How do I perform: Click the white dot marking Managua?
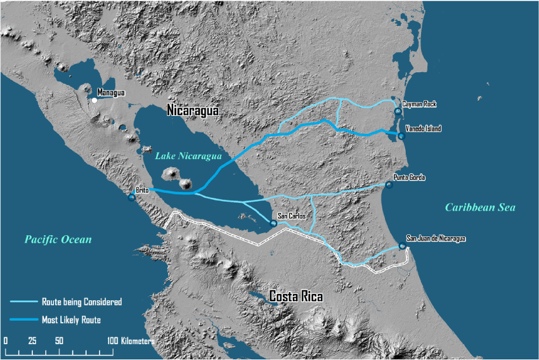(94, 100)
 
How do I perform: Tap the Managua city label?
(111, 93)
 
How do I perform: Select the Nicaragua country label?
(193, 111)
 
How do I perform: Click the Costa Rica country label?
(295, 297)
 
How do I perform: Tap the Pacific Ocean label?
(58, 240)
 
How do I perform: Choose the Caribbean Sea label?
(480, 207)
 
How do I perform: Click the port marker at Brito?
(132, 198)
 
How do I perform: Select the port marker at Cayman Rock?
(398, 112)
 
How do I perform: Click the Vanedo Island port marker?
(401, 135)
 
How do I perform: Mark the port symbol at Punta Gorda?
(389, 185)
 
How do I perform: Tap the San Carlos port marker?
(273, 223)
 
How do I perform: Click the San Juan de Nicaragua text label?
(436, 238)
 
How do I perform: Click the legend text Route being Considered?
(82, 302)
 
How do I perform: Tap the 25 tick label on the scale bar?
(32, 341)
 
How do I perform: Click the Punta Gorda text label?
(409, 177)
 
